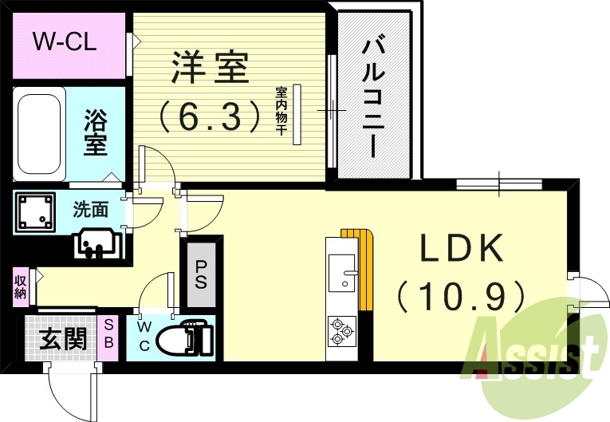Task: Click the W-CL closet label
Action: click(x=65, y=41)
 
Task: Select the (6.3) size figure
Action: click(x=210, y=115)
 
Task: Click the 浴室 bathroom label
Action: click(x=96, y=133)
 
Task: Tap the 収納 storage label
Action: click(x=20, y=286)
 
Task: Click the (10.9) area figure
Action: click(x=462, y=297)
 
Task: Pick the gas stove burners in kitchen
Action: click(x=342, y=330)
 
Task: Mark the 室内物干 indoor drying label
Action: click(x=281, y=112)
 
